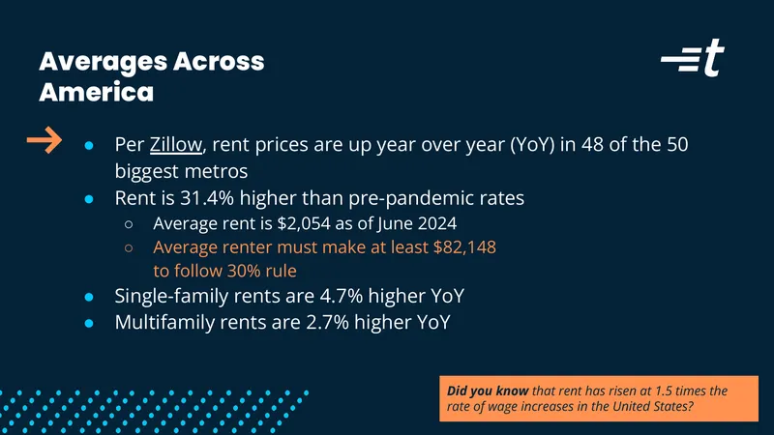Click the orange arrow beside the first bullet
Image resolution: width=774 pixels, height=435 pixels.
click(x=45, y=140)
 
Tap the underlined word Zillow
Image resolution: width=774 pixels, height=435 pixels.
click(x=176, y=144)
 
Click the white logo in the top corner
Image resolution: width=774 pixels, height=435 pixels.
click(x=693, y=58)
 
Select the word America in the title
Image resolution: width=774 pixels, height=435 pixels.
click(x=96, y=92)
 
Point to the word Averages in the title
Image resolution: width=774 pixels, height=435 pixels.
click(x=104, y=62)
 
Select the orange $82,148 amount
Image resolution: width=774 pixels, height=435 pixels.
click(x=464, y=247)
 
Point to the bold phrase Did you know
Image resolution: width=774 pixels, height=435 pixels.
click(x=488, y=391)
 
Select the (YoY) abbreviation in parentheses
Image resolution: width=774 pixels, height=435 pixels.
click(x=532, y=144)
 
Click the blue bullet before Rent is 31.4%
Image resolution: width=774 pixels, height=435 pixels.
click(x=89, y=199)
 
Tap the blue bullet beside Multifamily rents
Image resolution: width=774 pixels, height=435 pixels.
click(x=89, y=324)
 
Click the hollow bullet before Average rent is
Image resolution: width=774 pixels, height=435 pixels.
click(x=129, y=224)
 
